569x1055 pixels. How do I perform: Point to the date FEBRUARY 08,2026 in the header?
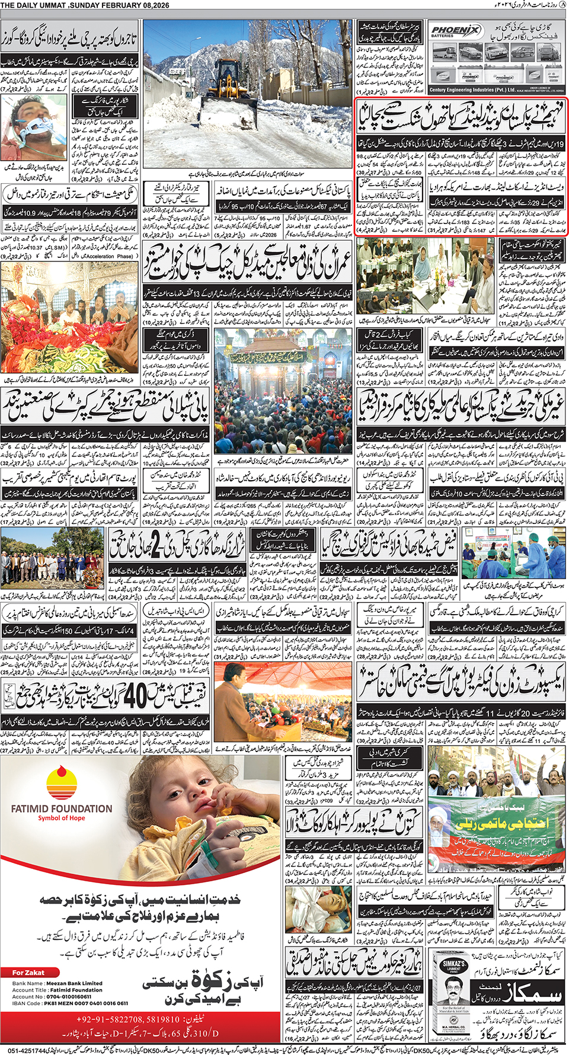[x=119, y=5]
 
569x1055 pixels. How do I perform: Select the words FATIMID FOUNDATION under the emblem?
[x=62, y=808]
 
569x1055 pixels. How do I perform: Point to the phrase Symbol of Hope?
[x=62, y=818]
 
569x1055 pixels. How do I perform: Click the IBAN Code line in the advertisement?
[x=70, y=1003]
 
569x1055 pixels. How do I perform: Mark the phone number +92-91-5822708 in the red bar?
[x=127, y=1019]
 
